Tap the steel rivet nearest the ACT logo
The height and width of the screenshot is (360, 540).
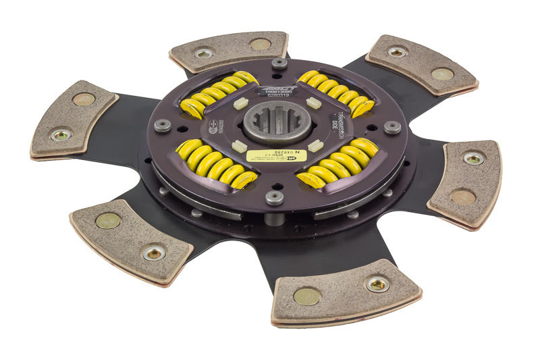[x=279, y=65]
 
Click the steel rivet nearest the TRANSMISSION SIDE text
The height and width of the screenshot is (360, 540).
[x=392, y=126]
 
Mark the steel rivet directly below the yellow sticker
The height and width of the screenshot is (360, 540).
[x=274, y=198]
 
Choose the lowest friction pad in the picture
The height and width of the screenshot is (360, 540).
[x=344, y=293]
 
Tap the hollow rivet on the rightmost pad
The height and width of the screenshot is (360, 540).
[x=473, y=159]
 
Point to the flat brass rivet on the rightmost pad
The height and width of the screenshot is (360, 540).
[x=462, y=197]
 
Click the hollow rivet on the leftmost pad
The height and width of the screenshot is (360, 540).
[x=61, y=134]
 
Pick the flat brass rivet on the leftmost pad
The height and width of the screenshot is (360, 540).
[x=84, y=99]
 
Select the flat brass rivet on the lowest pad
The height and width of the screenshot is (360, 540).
[x=307, y=296]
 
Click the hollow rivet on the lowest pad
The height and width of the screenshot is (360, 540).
[x=377, y=284]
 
